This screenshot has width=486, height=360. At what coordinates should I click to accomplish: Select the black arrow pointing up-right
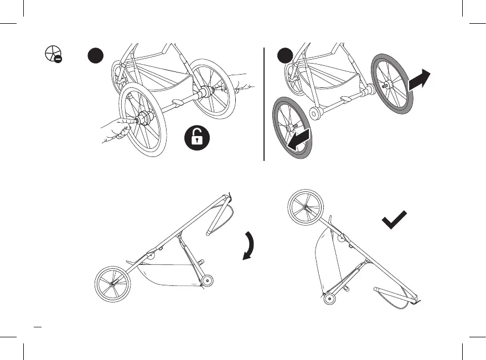point(419,81)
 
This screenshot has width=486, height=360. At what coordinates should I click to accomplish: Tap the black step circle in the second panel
point(285,55)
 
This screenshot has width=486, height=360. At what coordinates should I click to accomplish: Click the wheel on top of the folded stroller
point(304,207)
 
